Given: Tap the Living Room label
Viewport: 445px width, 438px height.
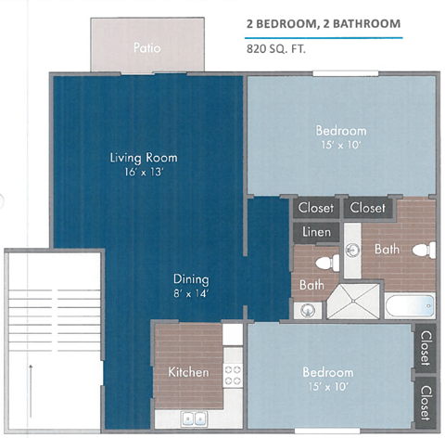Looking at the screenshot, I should point(144,157).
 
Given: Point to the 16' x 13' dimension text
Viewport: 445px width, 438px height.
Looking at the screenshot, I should point(144,173).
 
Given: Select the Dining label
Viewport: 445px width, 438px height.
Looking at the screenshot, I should point(190,278).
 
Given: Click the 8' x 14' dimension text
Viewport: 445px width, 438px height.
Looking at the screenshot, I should point(190,294).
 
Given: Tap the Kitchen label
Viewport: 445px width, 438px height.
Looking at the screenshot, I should point(188,372).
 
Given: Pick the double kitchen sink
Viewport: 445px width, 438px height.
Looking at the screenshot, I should point(195,418).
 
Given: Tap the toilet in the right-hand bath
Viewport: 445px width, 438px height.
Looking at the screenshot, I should point(425,249).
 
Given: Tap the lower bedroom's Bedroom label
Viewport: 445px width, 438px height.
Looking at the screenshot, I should point(329,372).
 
